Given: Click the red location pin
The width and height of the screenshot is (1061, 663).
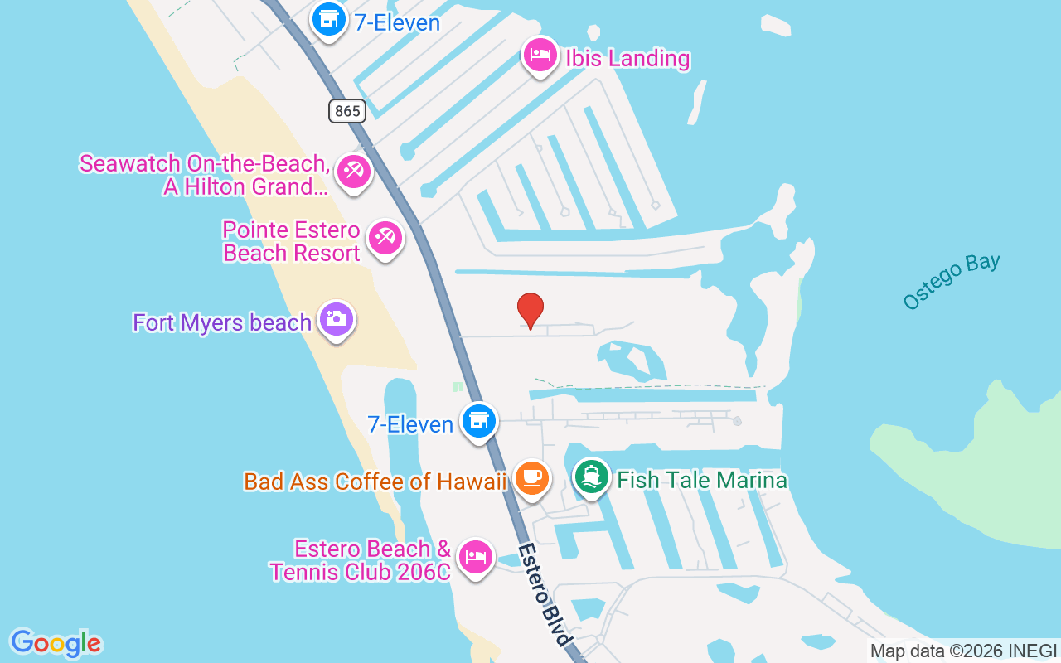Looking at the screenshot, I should (x=530, y=310).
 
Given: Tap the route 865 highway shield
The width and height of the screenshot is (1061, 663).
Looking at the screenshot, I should (x=346, y=110).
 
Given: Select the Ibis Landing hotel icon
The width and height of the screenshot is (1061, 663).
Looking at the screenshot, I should (x=540, y=56).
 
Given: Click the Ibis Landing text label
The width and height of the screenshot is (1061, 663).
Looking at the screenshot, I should (x=627, y=59).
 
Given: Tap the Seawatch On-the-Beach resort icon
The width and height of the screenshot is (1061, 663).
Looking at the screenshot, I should (x=354, y=172).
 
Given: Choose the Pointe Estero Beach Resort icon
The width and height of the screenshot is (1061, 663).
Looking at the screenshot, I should (x=385, y=239).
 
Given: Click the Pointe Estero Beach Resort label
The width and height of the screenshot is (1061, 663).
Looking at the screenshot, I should (x=292, y=241).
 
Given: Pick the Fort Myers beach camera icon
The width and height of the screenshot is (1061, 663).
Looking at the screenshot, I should (x=336, y=319).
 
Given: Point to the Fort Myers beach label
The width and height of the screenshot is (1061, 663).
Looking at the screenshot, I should (x=222, y=322).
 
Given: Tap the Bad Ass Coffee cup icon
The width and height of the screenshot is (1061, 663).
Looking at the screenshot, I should (x=531, y=478).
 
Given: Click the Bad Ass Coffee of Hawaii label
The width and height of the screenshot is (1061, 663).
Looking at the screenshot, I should (x=375, y=482).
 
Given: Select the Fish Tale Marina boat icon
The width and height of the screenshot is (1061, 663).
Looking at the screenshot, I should (x=591, y=477).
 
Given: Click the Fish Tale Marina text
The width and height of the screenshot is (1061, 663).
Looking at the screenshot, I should (x=702, y=480).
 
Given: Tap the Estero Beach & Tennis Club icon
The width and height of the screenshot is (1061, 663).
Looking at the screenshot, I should (x=475, y=556).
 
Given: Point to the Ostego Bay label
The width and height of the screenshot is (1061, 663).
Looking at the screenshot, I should (x=952, y=282).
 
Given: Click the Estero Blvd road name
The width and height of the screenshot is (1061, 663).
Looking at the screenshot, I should (x=545, y=594).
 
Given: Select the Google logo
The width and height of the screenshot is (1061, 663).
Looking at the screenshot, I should (x=56, y=643).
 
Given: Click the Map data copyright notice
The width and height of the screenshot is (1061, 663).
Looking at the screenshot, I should (x=964, y=651).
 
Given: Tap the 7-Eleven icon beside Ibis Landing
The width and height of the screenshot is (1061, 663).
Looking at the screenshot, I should (x=329, y=18).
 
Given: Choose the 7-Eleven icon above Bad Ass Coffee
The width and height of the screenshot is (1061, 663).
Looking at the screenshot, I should (x=478, y=421).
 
